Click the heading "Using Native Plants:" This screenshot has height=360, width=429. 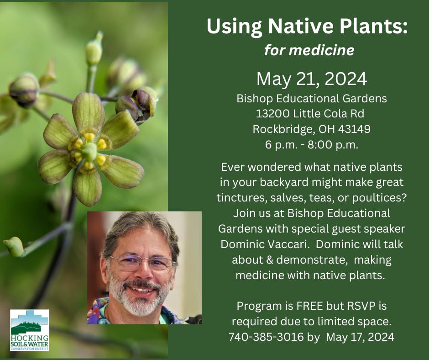click(307, 26)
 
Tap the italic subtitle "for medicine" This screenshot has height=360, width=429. click(309, 51)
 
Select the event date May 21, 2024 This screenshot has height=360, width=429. click(312, 79)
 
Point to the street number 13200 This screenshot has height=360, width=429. click(272, 113)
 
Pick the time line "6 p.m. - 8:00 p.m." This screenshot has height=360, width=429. click(312, 144)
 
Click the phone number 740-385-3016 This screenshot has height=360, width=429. click(266, 337)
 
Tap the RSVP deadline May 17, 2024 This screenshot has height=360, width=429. click(360, 337)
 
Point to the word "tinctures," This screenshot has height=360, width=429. click(242, 198)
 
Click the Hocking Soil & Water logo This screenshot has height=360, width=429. click(30, 330)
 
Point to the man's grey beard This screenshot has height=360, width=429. click(139, 297)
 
